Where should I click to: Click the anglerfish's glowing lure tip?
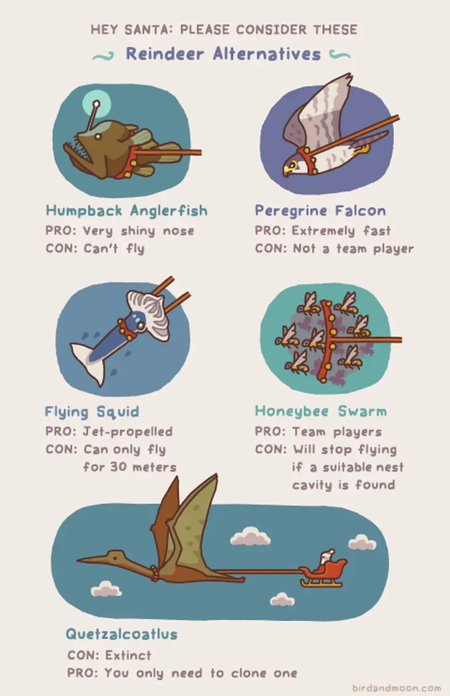pyautogui.click(x=96, y=103)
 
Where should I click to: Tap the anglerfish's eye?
pyautogui.click(x=98, y=136)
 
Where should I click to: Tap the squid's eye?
pyautogui.click(x=140, y=325)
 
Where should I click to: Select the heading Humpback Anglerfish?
pyautogui.click(x=127, y=211)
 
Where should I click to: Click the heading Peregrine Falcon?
pyautogui.click(x=320, y=211)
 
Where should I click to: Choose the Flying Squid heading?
pyautogui.click(x=92, y=412)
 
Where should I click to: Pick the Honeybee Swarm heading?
pyautogui.click(x=321, y=412)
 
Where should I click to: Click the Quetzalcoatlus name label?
pyautogui.click(x=122, y=634)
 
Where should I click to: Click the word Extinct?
pyautogui.click(x=128, y=655)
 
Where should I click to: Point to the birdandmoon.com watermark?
pyautogui.click(x=396, y=688)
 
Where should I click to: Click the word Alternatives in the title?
pyautogui.click(x=267, y=54)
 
